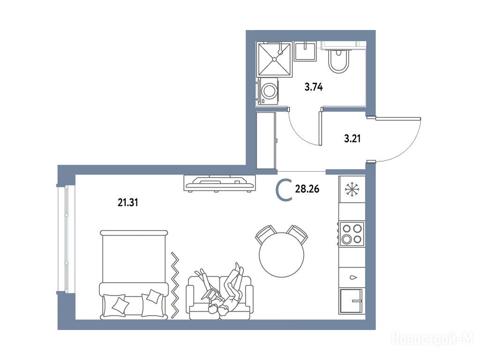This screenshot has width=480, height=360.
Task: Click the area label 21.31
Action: [x=127, y=202]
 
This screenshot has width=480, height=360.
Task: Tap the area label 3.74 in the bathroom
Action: [x=314, y=87]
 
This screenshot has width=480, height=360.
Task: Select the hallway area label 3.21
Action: [x=352, y=139]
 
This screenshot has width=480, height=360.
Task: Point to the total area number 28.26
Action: [x=307, y=189]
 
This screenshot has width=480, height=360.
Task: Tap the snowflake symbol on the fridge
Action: [x=352, y=189]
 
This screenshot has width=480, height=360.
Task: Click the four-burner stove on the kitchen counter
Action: [x=352, y=234]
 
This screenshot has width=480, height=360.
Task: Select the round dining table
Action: [x=282, y=255]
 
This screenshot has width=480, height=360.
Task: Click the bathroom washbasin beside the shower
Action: [x=305, y=51]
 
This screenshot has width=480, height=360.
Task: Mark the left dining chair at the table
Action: [x=264, y=234]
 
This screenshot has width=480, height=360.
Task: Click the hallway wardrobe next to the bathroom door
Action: [x=266, y=141]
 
